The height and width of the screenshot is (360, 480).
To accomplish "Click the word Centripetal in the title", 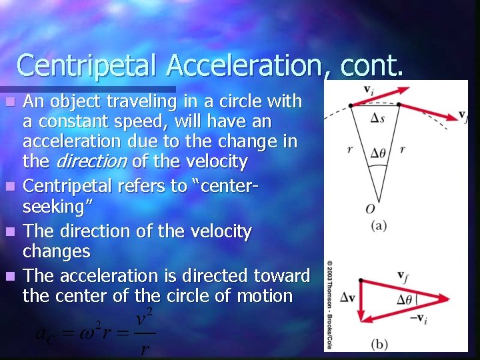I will pyautogui.click(x=87, y=65).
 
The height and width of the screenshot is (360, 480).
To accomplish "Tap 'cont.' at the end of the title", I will pyautogui.click(x=373, y=65).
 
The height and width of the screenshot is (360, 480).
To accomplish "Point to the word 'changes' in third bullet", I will pyautogui.click(x=56, y=251).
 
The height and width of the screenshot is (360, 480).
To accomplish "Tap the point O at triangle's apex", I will pyautogui.click(x=371, y=209).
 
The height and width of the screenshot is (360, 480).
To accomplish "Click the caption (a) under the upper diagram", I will pyautogui.click(x=379, y=225).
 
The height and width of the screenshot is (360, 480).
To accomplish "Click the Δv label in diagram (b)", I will pyautogui.click(x=347, y=297).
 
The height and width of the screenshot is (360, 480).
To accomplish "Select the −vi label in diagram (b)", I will pyautogui.click(x=417, y=319).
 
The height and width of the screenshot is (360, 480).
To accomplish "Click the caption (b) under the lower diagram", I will pyautogui.click(x=379, y=344).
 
